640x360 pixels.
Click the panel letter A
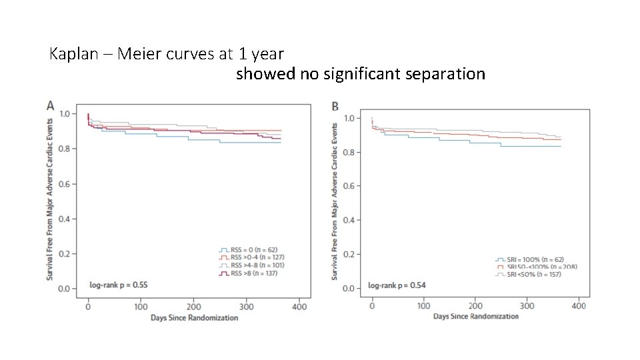click(50, 105)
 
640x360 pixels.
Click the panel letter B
click(335, 107)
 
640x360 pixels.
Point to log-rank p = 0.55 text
click(119, 285)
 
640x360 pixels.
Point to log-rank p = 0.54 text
click(397, 285)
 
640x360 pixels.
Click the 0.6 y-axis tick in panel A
click(65, 184)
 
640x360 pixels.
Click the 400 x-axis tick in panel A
click(299, 307)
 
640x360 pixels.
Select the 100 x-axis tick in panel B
click(423, 305)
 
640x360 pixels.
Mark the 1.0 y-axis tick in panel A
click(65, 114)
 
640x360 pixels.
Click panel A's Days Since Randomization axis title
click(193, 318)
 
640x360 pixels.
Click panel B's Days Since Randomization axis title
click(475, 316)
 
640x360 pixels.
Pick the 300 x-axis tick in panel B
click(527, 305)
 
